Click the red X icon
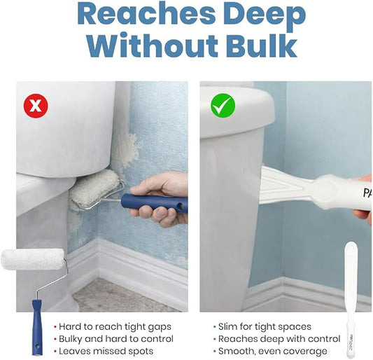(36, 106)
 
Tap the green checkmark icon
(223, 106)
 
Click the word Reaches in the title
(146, 14)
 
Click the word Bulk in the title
(262, 46)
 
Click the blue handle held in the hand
(154, 203)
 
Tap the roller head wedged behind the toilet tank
(94, 190)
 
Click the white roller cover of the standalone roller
(33, 259)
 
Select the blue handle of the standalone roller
(37, 327)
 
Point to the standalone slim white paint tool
(351, 299)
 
